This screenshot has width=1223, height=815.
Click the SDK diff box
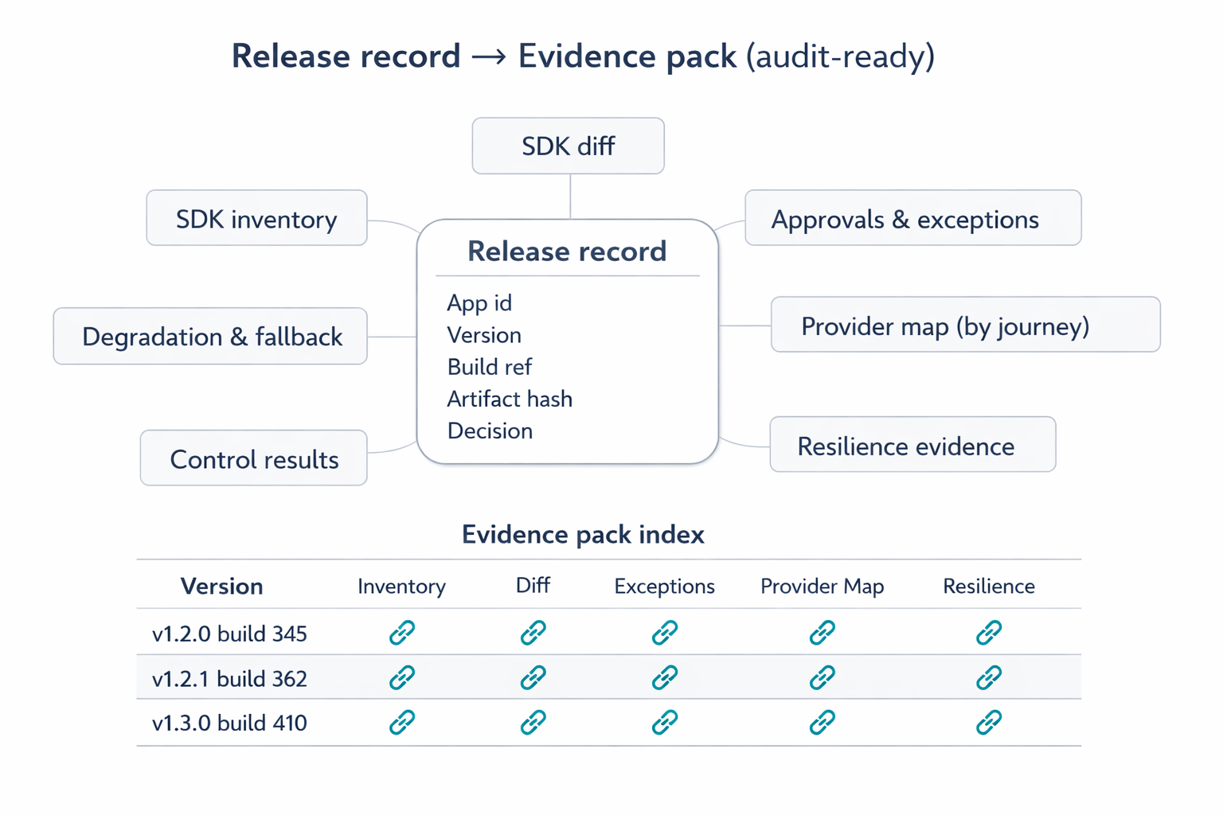point(568,146)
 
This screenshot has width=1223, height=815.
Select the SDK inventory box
point(256,219)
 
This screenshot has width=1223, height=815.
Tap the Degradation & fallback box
point(211,337)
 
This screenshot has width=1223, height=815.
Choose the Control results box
point(254,459)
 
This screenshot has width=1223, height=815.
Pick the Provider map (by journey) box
point(965,326)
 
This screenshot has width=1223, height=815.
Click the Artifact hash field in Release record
point(510,399)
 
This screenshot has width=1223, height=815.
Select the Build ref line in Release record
point(489,367)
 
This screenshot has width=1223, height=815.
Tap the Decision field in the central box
point(490,431)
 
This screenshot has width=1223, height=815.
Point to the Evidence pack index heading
point(583,534)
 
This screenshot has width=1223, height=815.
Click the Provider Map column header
point(822,587)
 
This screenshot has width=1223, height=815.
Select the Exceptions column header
point(664,587)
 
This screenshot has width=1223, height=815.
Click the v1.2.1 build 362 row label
point(229,678)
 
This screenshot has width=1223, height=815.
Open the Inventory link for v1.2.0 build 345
point(402,633)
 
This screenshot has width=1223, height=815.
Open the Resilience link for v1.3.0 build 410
point(988,723)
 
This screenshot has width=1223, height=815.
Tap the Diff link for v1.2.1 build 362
point(533,677)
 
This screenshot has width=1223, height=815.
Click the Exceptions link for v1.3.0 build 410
point(664,723)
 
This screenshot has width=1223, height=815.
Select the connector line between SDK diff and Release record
point(570,196)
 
